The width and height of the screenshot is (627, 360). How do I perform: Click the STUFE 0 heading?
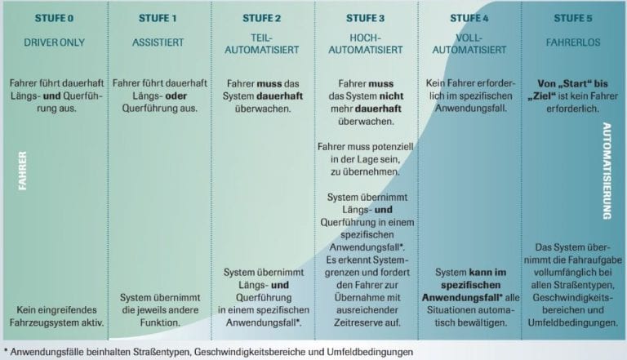coord(54,19)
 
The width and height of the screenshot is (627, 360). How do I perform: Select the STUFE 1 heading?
coord(158,19)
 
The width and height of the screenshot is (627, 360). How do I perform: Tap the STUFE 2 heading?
coord(261,19)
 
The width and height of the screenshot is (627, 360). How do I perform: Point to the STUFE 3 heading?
coord(365,19)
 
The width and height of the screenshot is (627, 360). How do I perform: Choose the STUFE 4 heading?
coord(469,19)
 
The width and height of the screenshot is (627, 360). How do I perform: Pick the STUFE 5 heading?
coord(573,19)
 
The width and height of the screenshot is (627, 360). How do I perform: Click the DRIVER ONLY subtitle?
coord(55,42)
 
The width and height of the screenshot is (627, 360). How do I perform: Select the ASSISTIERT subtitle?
coord(158,42)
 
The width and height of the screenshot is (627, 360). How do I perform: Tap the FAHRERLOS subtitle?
coord(573,42)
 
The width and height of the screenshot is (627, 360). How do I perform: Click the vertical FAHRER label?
coord(22,171)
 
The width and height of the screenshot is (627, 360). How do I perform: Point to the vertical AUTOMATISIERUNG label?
coord(607,171)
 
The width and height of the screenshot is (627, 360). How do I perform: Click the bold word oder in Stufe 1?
coord(176,96)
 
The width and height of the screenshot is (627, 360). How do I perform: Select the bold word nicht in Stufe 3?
coord(391,96)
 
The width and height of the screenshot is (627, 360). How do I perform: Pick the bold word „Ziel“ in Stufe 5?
coord(540,96)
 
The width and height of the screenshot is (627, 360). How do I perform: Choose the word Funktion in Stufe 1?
coord(160,322)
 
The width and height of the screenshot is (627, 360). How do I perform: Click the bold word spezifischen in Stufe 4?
coord(470,285)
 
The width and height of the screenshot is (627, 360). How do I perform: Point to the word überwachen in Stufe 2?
coord(263,109)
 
